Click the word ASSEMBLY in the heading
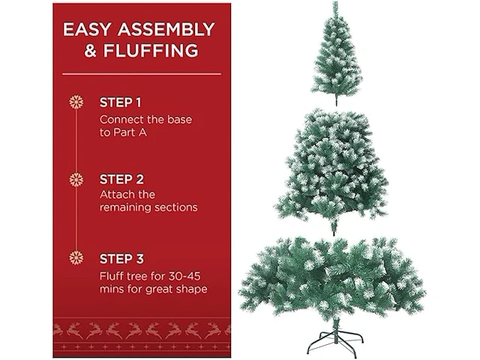tap(166, 29)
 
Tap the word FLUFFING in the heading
tap(151, 50)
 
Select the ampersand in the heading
tap(90, 51)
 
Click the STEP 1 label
tap(120, 103)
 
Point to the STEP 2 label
tap(121, 179)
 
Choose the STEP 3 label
tap(121, 259)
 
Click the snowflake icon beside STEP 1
tap(76, 102)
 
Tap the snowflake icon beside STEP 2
tap(76, 180)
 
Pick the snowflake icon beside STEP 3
tap(76, 258)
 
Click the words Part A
tap(130, 133)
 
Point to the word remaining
tap(125, 208)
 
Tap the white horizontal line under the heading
tap(142, 73)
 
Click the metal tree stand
tap(335, 342)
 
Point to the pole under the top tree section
tap(337, 100)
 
